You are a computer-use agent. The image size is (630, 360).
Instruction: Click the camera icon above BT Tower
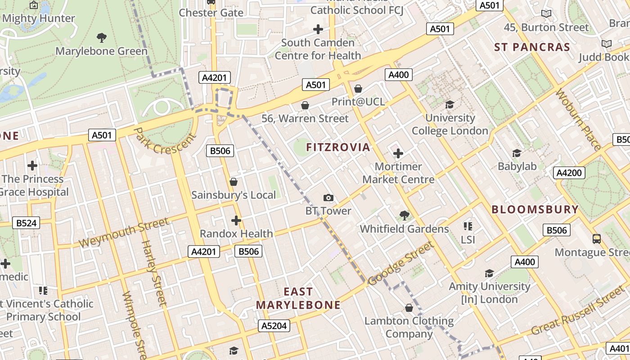click(328, 198)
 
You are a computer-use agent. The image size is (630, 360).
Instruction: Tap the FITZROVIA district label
click(338, 147)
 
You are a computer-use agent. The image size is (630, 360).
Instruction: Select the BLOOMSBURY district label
click(535, 209)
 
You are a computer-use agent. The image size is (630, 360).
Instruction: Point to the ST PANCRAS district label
click(532, 47)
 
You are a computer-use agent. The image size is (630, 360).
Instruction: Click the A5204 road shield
click(274, 326)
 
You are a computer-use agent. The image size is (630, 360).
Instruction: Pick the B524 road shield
click(27, 223)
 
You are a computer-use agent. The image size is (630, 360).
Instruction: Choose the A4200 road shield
click(569, 173)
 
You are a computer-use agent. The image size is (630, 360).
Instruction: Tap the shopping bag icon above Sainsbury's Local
click(234, 182)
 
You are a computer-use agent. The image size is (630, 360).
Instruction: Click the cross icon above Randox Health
click(236, 220)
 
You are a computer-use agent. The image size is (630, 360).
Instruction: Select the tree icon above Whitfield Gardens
click(405, 216)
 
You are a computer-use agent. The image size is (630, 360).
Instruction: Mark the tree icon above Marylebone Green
click(102, 38)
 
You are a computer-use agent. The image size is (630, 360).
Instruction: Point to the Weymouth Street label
click(124, 232)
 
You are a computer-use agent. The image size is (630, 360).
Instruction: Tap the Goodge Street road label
click(400, 264)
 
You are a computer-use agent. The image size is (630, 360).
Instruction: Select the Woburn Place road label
click(578, 119)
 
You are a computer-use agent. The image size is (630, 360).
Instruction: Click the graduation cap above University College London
click(450, 105)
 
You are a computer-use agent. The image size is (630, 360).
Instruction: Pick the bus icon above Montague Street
click(597, 239)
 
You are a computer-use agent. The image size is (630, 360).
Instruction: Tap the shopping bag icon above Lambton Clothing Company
click(409, 308)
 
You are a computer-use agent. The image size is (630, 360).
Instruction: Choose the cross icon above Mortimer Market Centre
click(398, 153)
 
